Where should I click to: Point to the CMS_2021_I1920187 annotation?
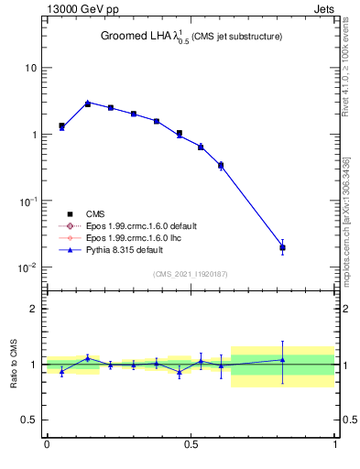coord(191,273)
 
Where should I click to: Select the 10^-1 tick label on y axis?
coord(28,201)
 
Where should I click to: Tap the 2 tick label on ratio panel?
coord(34,309)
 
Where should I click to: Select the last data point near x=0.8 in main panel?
coord(283,247)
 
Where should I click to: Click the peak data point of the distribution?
coord(88,104)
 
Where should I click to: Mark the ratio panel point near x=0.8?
coord(283,359)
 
